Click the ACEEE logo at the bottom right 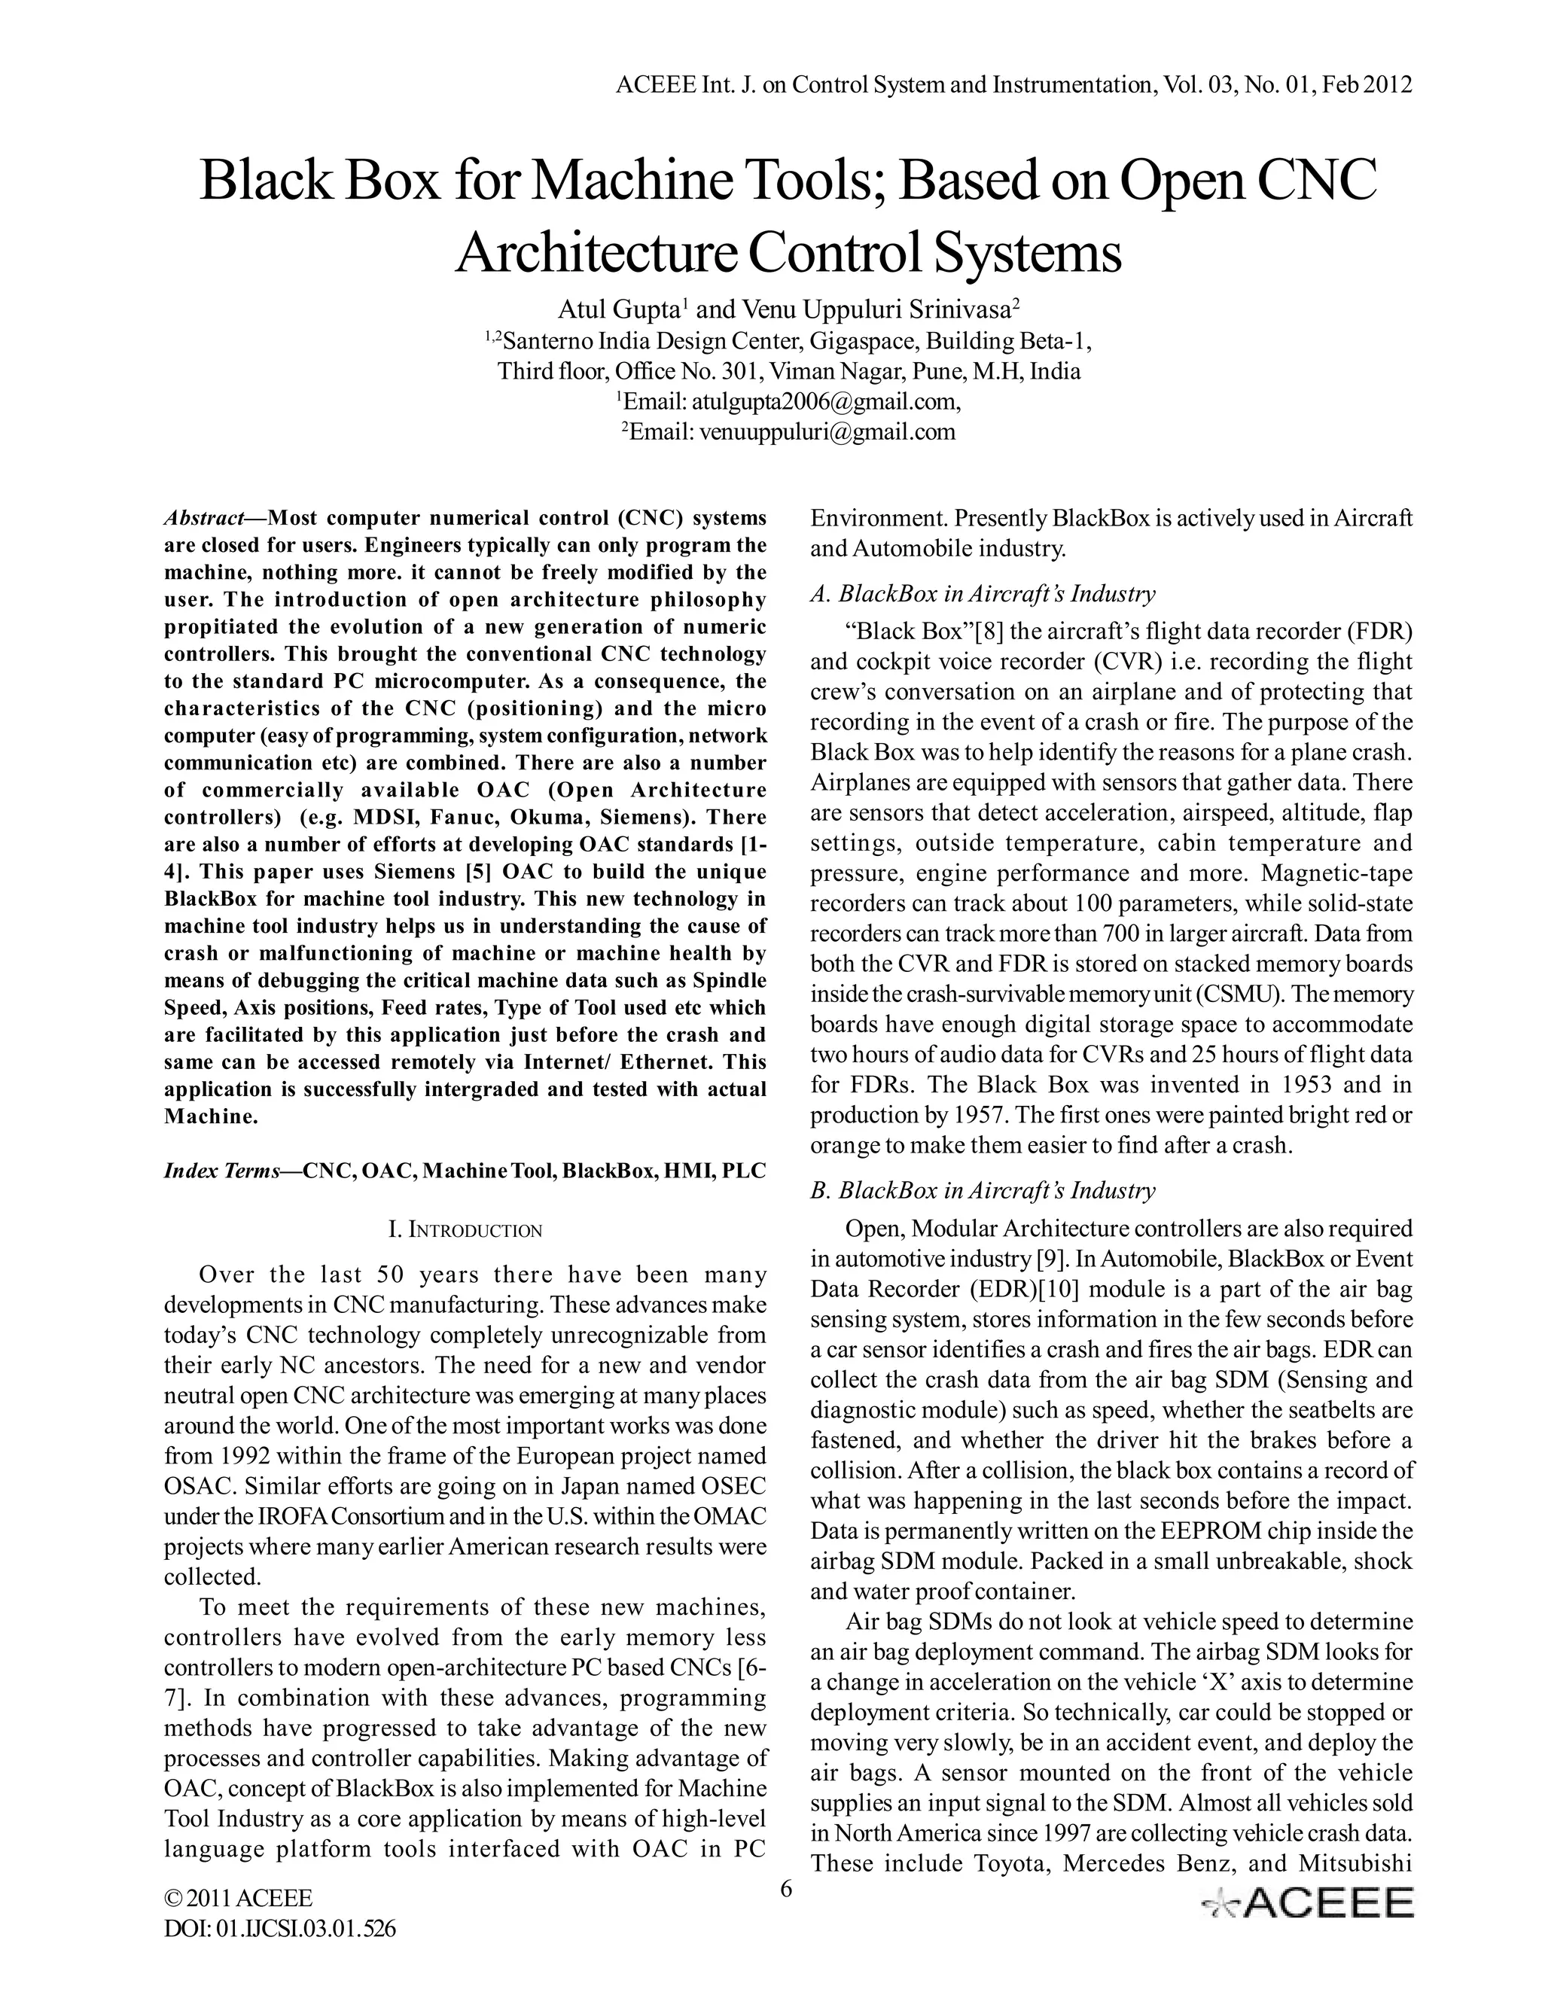tap(1307, 1902)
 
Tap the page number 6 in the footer tap(785, 1890)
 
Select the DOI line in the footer tap(279, 1928)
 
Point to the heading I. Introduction tap(465, 1229)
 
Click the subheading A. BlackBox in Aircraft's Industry tap(982, 594)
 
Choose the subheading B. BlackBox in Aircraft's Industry tap(982, 1190)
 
